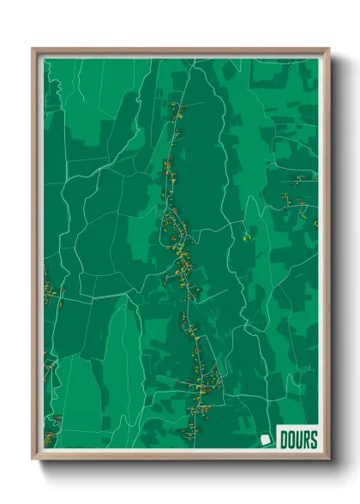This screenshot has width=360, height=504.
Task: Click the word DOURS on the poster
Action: [297, 441]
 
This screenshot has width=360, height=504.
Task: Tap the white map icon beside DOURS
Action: [267, 441]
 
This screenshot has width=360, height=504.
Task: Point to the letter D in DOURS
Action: [284, 441]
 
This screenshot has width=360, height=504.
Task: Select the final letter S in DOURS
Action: [313, 441]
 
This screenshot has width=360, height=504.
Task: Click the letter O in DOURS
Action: [291, 441]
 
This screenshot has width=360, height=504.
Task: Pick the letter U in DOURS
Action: [298, 441]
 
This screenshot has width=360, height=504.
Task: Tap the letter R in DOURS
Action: [305, 441]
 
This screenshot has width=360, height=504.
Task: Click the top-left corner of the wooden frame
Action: [33, 49]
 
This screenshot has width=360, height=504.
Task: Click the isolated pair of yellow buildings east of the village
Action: [247, 236]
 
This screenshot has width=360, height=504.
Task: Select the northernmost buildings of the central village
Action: [177, 107]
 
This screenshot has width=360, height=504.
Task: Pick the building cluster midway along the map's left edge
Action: [50, 291]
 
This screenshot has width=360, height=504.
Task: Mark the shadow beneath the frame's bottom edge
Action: [180, 467]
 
